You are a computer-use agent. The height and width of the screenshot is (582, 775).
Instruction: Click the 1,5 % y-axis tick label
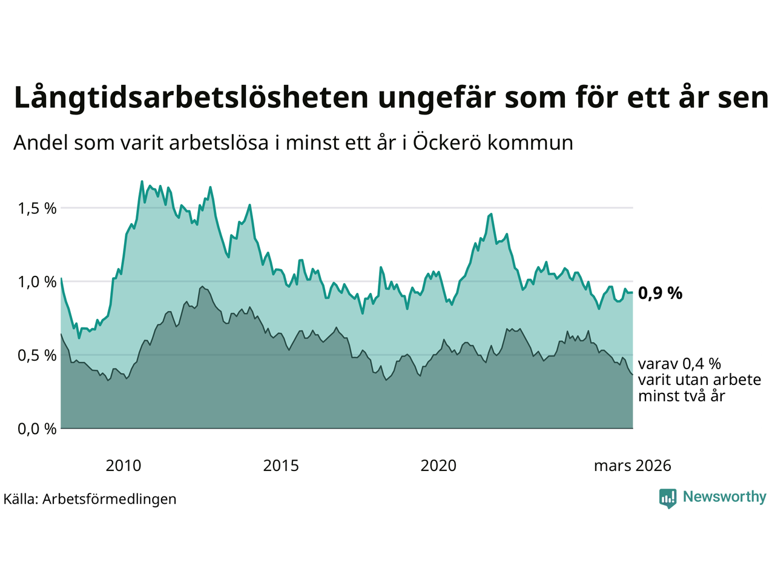pos(37,209)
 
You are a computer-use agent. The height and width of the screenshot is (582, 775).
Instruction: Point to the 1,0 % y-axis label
pos(37,282)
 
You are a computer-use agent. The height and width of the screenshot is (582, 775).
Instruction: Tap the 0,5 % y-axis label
pos(37,355)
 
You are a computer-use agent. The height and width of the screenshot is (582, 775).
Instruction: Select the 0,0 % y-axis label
pos(37,429)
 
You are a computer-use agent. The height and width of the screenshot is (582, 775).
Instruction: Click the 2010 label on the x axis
pos(123,466)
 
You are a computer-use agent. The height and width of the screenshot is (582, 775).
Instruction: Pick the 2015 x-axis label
pos(281,466)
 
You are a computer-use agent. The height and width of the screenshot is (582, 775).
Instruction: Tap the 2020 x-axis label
pos(438,466)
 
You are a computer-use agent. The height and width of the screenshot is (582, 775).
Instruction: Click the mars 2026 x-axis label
pos(632,466)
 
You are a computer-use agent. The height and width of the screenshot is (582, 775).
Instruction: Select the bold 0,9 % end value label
pos(660,293)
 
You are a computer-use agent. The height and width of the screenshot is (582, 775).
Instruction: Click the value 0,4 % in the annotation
pos(702,364)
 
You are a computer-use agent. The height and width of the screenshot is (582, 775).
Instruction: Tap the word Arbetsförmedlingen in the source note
pos(110,499)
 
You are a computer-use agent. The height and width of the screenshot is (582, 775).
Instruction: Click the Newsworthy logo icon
pos(668,498)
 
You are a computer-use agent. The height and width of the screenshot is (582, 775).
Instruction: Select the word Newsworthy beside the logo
pos(724,497)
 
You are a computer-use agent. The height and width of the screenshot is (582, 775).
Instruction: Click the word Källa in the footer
pos(21,499)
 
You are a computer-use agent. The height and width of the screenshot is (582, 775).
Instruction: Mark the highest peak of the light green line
pos(142,181)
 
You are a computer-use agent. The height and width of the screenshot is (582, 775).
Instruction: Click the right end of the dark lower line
pos(632,374)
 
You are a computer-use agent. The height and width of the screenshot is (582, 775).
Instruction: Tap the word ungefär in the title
pos(437,98)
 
